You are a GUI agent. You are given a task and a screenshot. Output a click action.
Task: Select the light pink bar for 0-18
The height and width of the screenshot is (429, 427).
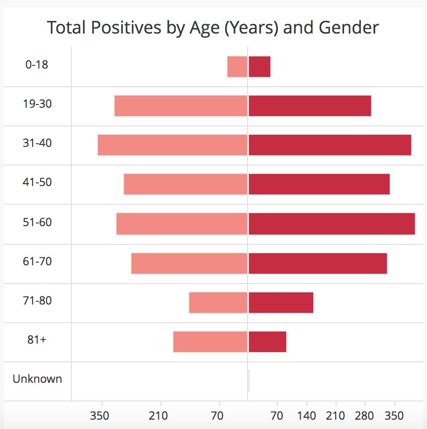(x=237, y=67)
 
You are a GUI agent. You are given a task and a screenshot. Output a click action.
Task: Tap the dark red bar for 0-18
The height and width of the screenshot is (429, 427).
(x=260, y=67)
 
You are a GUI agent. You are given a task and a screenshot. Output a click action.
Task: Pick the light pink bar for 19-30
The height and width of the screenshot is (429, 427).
(x=181, y=106)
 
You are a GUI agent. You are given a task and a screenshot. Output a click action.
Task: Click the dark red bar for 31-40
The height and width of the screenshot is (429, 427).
(x=330, y=145)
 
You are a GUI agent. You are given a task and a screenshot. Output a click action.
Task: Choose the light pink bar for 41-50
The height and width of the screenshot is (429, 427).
(x=186, y=184)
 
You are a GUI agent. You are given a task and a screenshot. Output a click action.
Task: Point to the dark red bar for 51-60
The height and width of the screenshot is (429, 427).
(x=332, y=224)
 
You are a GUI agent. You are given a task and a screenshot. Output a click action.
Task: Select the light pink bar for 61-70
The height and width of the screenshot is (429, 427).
(x=189, y=263)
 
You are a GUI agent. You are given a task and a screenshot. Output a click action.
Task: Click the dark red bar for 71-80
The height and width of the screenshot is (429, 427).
(x=281, y=303)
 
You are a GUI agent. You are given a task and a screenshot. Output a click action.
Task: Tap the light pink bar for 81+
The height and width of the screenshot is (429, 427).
(x=210, y=342)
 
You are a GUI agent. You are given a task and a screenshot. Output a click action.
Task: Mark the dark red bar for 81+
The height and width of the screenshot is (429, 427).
(x=268, y=342)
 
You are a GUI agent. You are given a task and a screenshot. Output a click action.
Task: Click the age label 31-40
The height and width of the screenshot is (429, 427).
(x=37, y=143)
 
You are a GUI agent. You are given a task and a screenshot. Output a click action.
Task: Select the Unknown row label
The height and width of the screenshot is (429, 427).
(x=37, y=379)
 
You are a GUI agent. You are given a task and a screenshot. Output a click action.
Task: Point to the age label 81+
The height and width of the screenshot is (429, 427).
(x=37, y=339)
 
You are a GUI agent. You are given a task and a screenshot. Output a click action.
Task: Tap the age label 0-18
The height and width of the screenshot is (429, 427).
(x=37, y=64)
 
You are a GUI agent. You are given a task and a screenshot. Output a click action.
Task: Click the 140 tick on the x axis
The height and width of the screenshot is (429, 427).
(x=307, y=415)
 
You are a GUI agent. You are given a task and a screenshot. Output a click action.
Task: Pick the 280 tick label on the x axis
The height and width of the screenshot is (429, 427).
(x=365, y=415)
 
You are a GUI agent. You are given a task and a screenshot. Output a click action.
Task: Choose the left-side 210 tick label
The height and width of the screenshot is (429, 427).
(x=158, y=415)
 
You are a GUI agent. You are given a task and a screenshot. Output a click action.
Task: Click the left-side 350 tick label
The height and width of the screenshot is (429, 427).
(x=100, y=415)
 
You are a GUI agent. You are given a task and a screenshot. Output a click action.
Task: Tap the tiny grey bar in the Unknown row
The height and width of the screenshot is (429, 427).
(x=248, y=381)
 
